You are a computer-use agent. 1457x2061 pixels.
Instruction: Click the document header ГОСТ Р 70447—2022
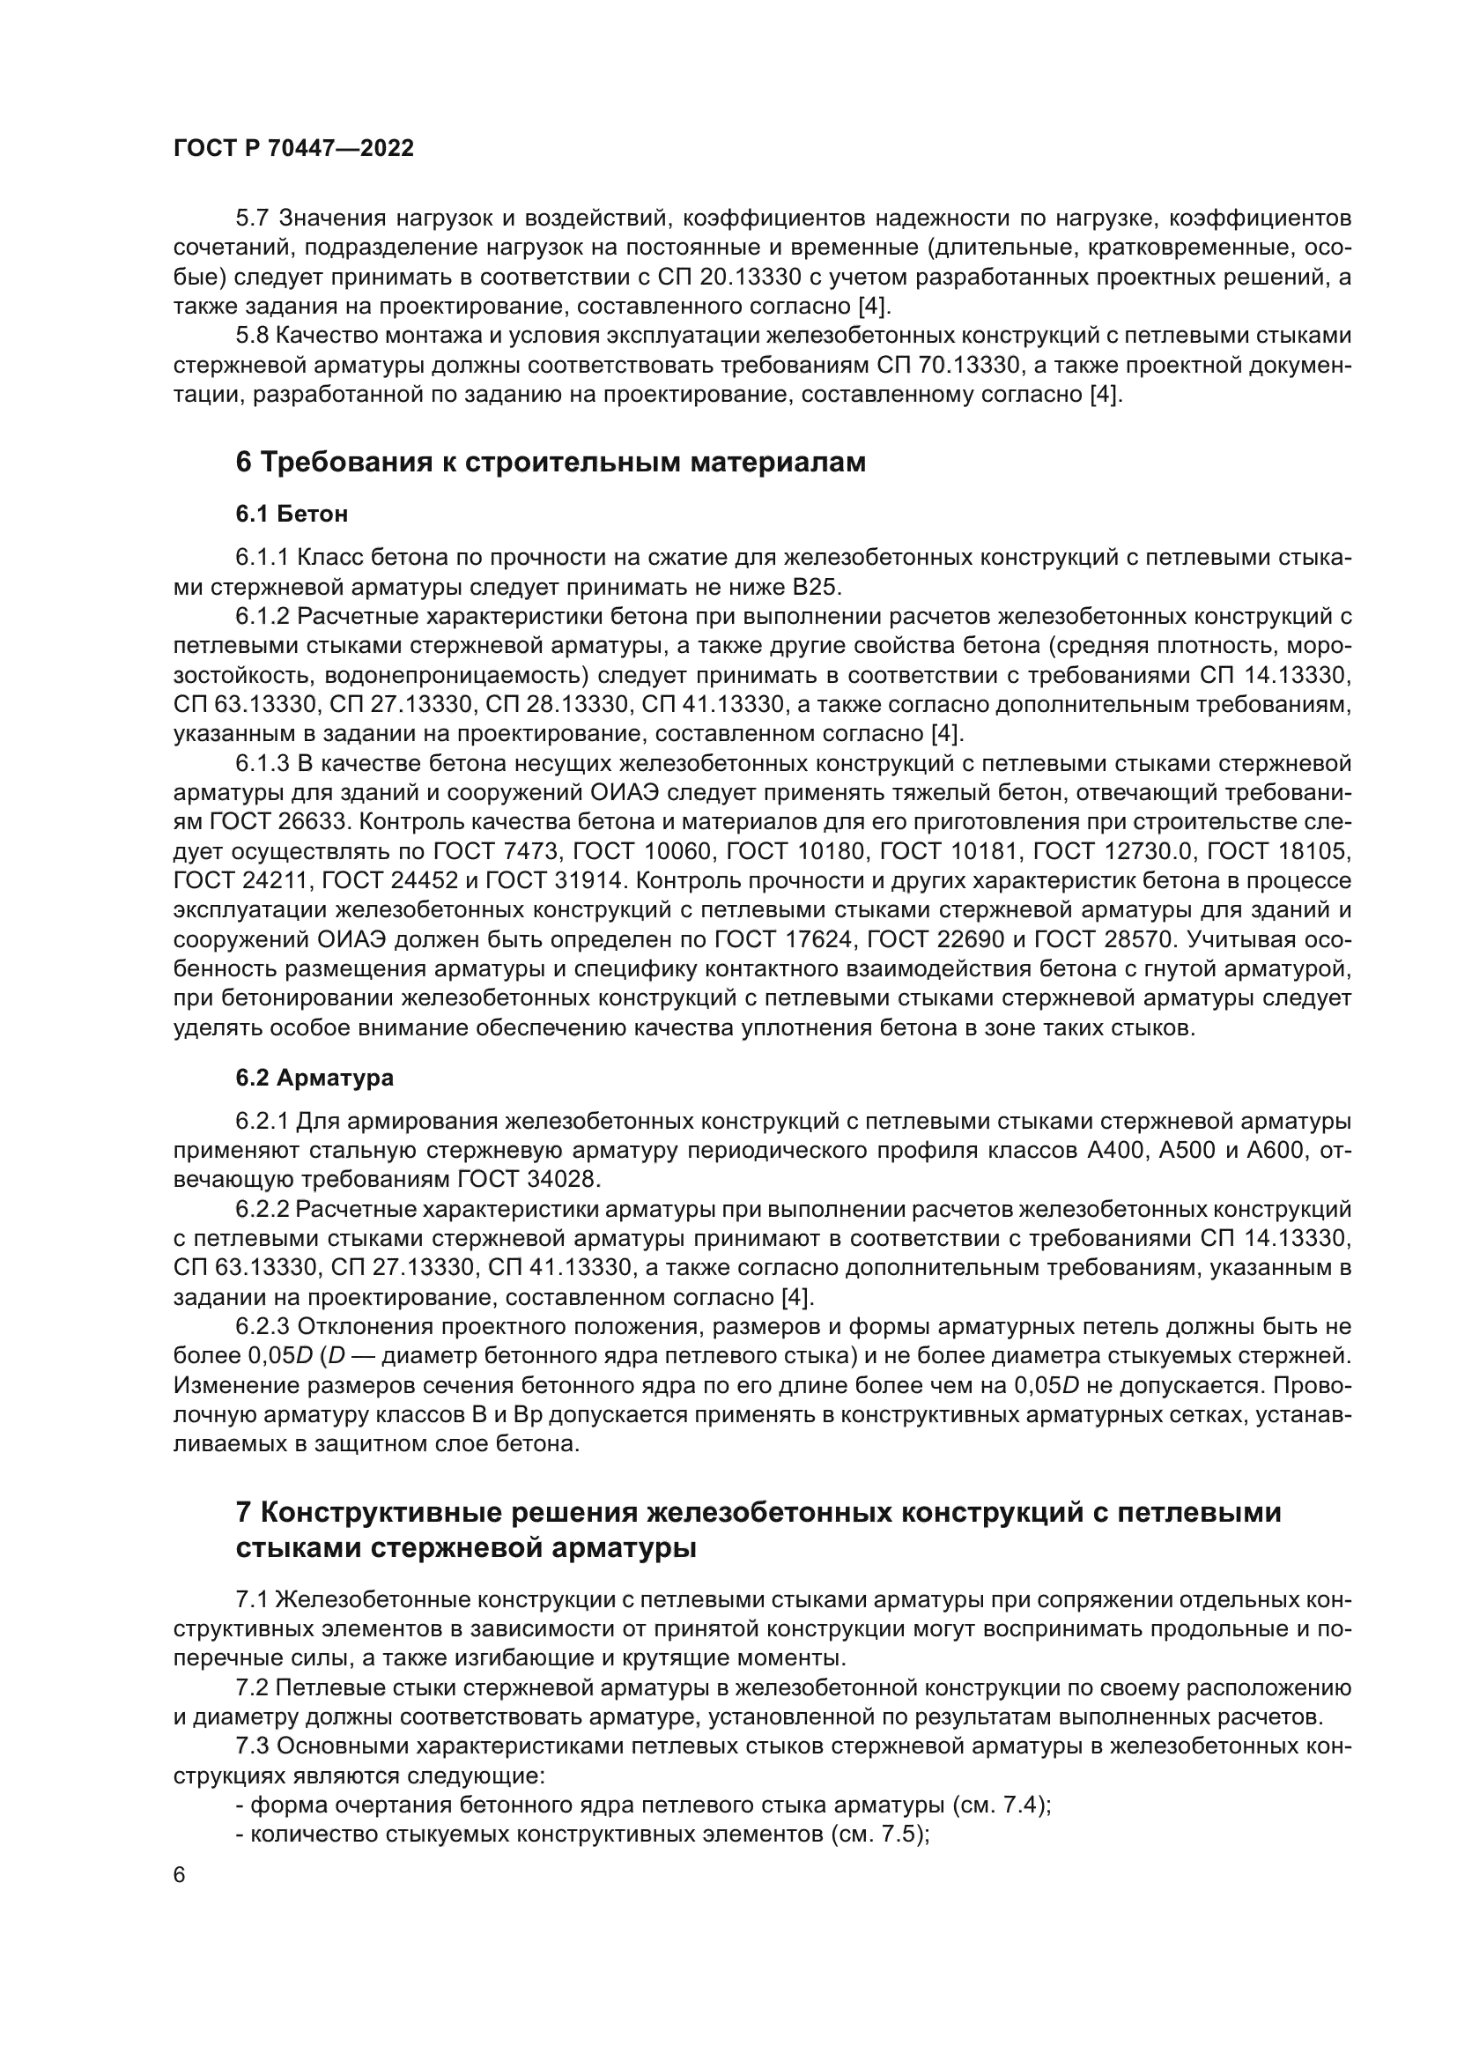point(293,149)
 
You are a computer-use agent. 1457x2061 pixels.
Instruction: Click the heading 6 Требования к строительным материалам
point(550,463)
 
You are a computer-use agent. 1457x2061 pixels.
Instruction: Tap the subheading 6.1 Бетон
point(292,515)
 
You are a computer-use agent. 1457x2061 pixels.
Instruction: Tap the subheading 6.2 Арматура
point(314,1078)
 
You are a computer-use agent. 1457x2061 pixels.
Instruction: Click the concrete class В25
point(817,587)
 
